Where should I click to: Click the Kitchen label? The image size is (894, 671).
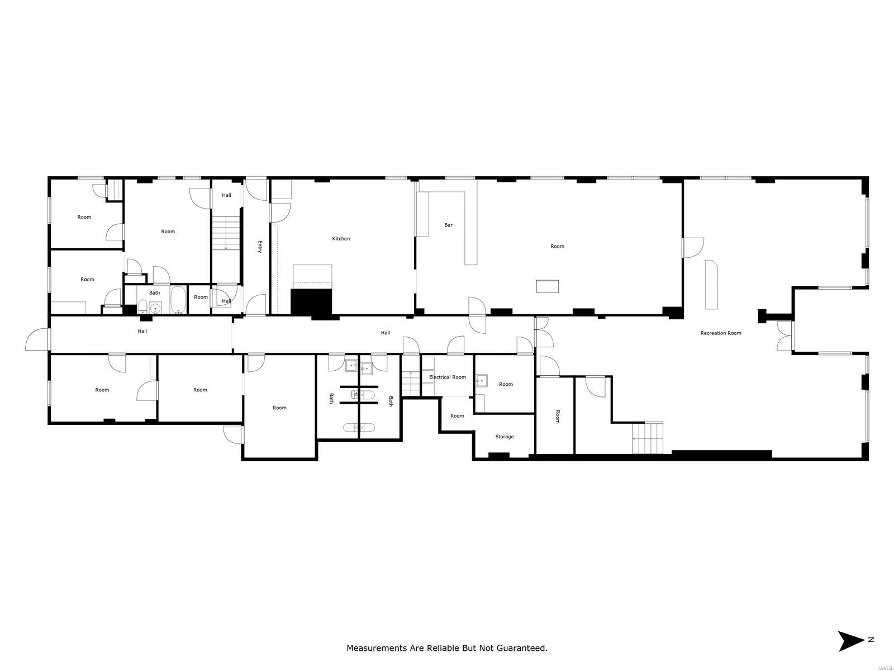[x=340, y=238]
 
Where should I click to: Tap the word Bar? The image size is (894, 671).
[x=448, y=225]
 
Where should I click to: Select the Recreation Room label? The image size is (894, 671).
[x=720, y=333]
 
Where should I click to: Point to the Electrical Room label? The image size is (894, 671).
[x=447, y=377]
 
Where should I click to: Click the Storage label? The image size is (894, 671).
[x=504, y=436]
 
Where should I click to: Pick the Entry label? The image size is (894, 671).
[x=259, y=247]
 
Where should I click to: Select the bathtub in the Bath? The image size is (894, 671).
[x=178, y=300]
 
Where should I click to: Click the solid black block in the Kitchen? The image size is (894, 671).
[x=311, y=302]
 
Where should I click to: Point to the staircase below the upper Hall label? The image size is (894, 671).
[x=226, y=233]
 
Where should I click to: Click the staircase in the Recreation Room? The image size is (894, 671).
[x=647, y=438]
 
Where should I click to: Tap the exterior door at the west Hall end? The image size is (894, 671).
[x=38, y=339]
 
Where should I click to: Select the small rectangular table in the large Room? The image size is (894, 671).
[x=546, y=286]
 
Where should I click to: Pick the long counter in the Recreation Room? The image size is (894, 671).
[x=711, y=285]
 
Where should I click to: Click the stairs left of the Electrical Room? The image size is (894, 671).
[x=411, y=383]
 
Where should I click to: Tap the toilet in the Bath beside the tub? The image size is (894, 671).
[x=142, y=306]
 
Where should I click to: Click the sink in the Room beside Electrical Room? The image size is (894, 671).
[x=481, y=380]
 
